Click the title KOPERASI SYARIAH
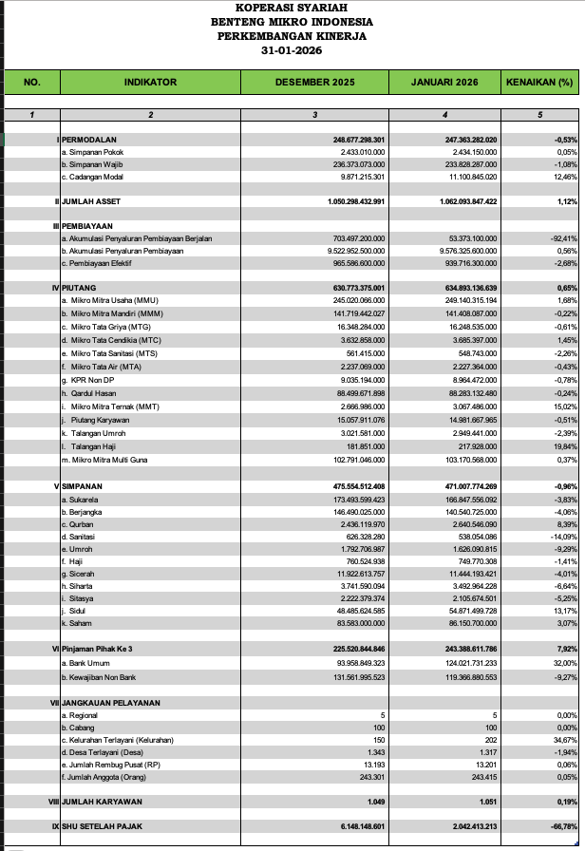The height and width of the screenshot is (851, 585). [x=292, y=9]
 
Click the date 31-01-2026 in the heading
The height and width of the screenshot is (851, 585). [x=292, y=50]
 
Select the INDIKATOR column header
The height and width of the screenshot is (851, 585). [x=150, y=83]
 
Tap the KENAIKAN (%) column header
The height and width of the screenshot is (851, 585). [x=540, y=83]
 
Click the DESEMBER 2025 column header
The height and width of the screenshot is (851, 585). [x=314, y=83]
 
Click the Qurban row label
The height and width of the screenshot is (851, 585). [x=79, y=523]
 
